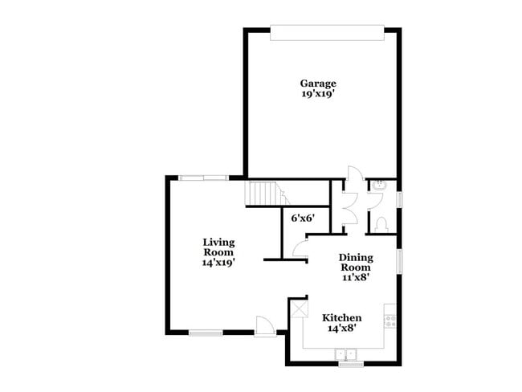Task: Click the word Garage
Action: click(x=318, y=83)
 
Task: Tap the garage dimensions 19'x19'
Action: click(x=318, y=93)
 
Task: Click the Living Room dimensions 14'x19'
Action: click(x=218, y=262)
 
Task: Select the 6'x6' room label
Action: click(x=302, y=218)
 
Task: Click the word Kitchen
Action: click(x=342, y=317)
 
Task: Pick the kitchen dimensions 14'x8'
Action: click(x=342, y=328)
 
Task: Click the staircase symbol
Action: click(x=263, y=194)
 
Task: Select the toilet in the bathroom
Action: click(x=382, y=223)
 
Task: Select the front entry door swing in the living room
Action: click(x=263, y=325)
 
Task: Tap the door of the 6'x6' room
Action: click(x=301, y=249)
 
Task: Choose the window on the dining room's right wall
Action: click(x=399, y=262)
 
